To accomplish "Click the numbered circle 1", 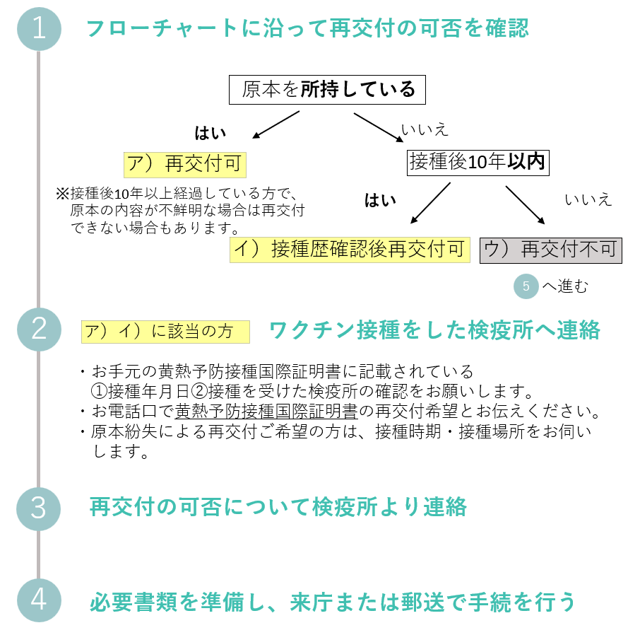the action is click(x=39, y=28).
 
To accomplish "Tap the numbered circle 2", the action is click(x=39, y=329).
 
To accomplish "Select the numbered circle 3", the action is click(x=38, y=508).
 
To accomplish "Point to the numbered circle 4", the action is click(x=39, y=600).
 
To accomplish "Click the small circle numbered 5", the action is click(x=526, y=286).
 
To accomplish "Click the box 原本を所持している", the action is click(x=327, y=90).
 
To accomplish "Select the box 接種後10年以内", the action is click(x=478, y=163).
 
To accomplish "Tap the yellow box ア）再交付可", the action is click(x=185, y=165).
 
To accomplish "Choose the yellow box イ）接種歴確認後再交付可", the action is click(x=350, y=250).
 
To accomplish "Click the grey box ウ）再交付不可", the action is click(x=550, y=250).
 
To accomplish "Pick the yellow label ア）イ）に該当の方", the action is click(x=165, y=332).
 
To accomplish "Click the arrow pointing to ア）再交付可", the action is click(x=276, y=124).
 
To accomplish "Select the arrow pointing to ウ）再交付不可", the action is click(x=526, y=205).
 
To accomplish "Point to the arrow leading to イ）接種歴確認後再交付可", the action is click(x=430, y=203).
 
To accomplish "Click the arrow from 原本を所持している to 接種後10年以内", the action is click(x=379, y=127).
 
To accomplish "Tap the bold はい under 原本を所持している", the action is click(x=211, y=133).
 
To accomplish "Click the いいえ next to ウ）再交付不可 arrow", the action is click(x=588, y=199).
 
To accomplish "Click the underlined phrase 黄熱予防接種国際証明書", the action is click(x=266, y=411).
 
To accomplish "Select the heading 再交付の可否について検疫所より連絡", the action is click(x=278, y=507).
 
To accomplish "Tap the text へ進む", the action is click(x=565, y=286).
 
